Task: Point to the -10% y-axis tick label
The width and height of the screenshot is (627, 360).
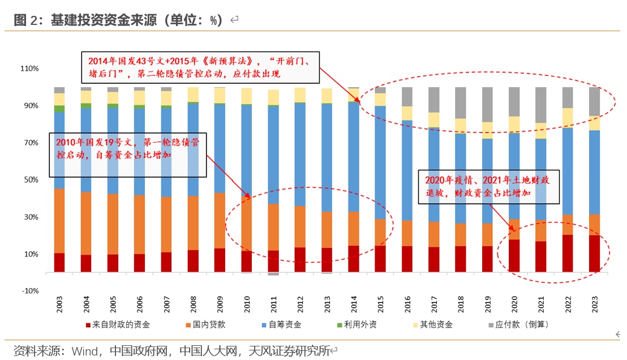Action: click(x=29, y=291)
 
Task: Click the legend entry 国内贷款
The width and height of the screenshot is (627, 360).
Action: click(x=209, y=324)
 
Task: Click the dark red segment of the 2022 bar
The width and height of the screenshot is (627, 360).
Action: click(x=567, y=254)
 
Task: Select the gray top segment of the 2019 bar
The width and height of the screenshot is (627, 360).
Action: click(x=487, y=104)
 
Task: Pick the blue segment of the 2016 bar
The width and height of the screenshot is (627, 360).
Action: click(x=407, y=170)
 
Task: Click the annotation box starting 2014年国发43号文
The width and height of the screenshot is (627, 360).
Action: click(x=201, y=66)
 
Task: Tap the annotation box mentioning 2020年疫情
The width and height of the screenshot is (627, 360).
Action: click(x=488, y=186)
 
